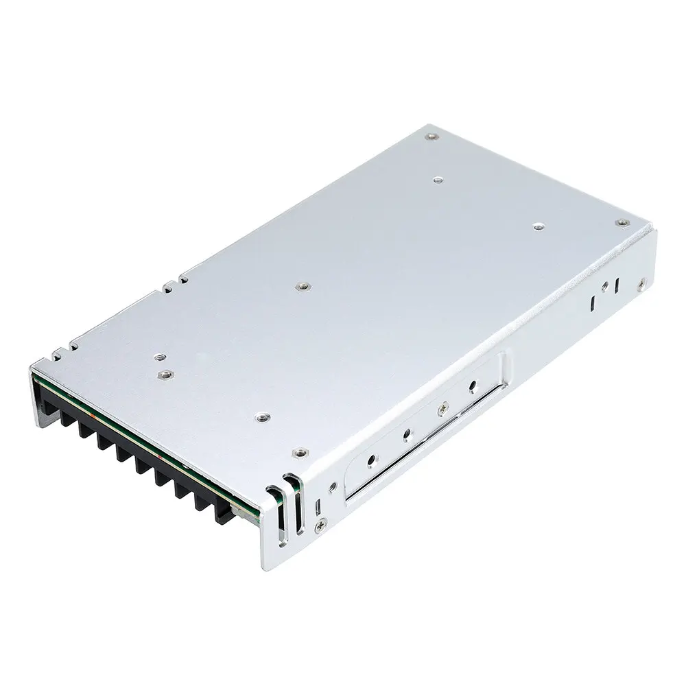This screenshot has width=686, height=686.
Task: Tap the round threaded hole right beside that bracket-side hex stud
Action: tap(158, 356)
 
